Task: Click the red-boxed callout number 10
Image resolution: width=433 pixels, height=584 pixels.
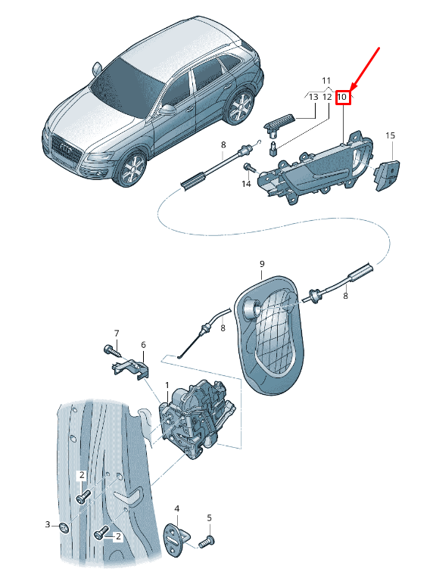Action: [x=342, y=98]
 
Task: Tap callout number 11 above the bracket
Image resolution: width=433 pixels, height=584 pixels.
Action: [x=326, y=80]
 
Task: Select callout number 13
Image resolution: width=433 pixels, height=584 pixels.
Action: [x=313, y=97]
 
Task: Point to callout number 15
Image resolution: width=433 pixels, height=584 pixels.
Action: [x=390, y=135]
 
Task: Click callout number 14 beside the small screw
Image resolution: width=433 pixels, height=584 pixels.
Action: [x=246, y=184]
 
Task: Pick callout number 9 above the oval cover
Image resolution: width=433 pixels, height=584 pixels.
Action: [x=262, y=264]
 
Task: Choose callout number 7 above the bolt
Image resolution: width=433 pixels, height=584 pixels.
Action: [x=117, y=333]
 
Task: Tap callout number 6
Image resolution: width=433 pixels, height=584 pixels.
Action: [x=144, y=345]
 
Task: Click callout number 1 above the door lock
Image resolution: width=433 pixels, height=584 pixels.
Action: [x=167, y=385]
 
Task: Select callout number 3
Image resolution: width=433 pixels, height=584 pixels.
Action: [x=48, y=524]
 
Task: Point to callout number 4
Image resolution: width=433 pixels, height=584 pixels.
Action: [x=177, y=509]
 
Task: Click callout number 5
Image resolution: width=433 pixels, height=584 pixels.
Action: [x=210, y=517]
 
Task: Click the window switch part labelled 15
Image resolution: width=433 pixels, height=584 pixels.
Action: [x=388, y=175]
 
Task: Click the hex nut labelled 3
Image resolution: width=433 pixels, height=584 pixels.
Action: [x=65, y=528]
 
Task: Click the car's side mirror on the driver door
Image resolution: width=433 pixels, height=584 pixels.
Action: [x=167, y=110]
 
